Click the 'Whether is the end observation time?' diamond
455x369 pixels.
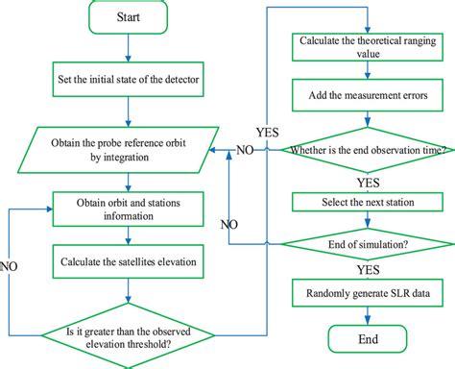pos(364,149)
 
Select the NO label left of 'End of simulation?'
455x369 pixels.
pos(230,226)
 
